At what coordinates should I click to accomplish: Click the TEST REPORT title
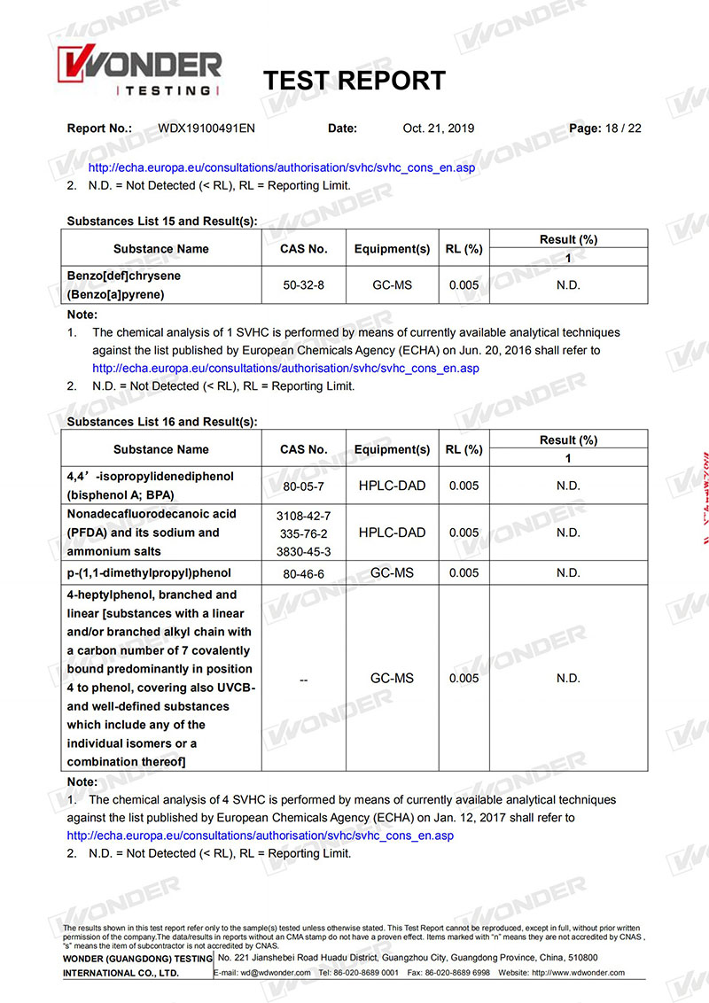click(x=354, y=81)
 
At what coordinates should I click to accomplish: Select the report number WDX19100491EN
click(x=206, y=128)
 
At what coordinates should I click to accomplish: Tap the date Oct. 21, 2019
click(x=438, y=128)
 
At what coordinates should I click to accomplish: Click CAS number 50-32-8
click(x=304, y=285)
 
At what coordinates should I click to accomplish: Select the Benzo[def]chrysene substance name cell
click(x=124, y=285)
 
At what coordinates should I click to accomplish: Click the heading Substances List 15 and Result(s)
click(x=161, y=221)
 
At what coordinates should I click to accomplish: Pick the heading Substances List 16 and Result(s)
click(x=161, y=422)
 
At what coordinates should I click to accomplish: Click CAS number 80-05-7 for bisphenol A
click(x=304, y=486)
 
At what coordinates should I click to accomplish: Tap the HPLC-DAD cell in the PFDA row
click(x=392, y=533)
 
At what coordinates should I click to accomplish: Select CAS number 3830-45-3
click(x=304, y=550)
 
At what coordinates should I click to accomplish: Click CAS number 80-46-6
click(x=304, y=573)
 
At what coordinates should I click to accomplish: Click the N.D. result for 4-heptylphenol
click(x=568, y=679)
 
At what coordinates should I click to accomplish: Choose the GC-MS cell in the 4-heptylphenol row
click(x=392, y=679)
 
